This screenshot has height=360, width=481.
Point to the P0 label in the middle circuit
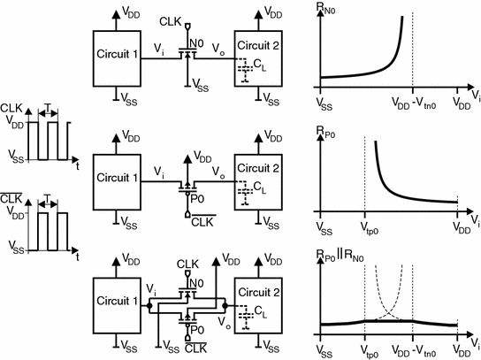click(196, 201)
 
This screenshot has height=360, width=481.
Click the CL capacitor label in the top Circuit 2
click(259, 66)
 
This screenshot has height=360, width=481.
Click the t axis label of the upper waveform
click(77, 165)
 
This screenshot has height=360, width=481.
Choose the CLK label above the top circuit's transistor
click(171, 19)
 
